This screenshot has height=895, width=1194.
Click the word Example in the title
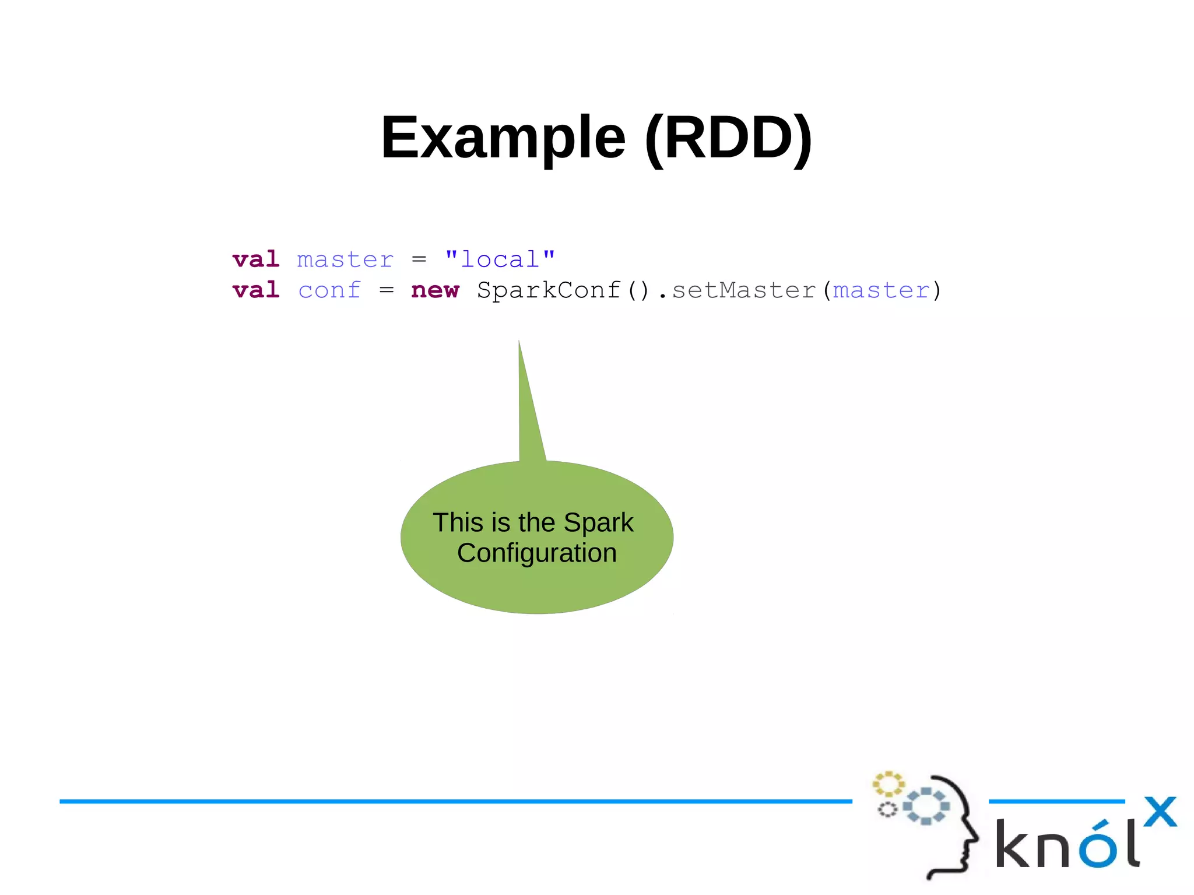503,138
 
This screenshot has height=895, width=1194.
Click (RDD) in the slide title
728,138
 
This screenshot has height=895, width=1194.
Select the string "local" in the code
500,259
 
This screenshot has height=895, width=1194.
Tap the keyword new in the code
435,290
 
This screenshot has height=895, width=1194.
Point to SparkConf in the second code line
549,290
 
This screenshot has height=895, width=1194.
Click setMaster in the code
743,290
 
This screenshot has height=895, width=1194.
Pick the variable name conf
329,290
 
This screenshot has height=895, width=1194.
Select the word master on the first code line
345,259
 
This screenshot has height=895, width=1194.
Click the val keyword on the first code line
256,259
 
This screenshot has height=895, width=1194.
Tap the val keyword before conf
256,290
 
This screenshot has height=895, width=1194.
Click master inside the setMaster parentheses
881,290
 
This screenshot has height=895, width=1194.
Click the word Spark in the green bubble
598,522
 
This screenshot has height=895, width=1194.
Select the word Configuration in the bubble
536,553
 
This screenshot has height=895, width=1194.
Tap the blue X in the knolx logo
1160,812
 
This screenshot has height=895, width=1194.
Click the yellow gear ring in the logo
888,784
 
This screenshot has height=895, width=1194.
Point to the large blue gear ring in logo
926,806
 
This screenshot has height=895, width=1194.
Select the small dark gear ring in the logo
887,809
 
